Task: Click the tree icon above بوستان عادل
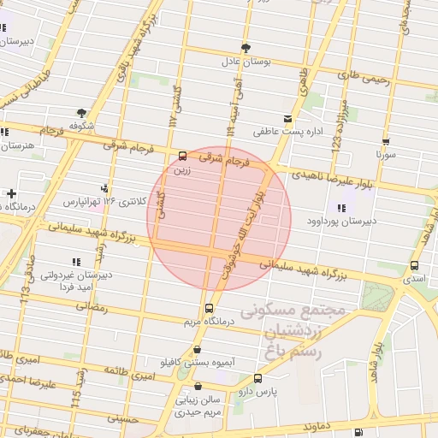tap(246, 48)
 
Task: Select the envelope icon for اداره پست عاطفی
tap(287, 119)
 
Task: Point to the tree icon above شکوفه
tap(81, 112)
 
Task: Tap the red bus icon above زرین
tap(181, 156)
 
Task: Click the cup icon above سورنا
tap(386, 142)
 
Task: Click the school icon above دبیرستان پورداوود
tap(342, 208)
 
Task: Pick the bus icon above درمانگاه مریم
tap(208, 309)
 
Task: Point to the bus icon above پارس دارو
tap(257, 378)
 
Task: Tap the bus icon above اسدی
tap(415, 266)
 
